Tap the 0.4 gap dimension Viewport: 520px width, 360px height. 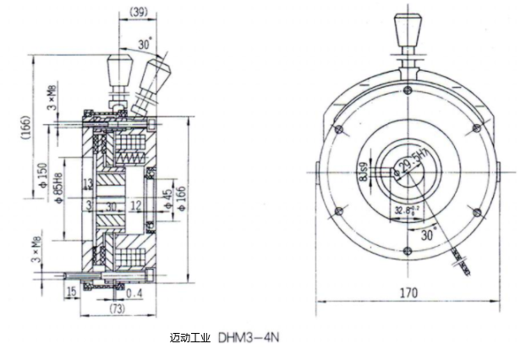pyautogui.click(x=133, y=292)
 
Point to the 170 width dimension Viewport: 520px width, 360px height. pyautogui.click(x=409, y=296)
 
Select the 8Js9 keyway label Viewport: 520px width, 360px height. pyautogui.click(x=364, y=172)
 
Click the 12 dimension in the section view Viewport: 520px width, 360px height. pyautogui.click(x=136, y=205)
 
